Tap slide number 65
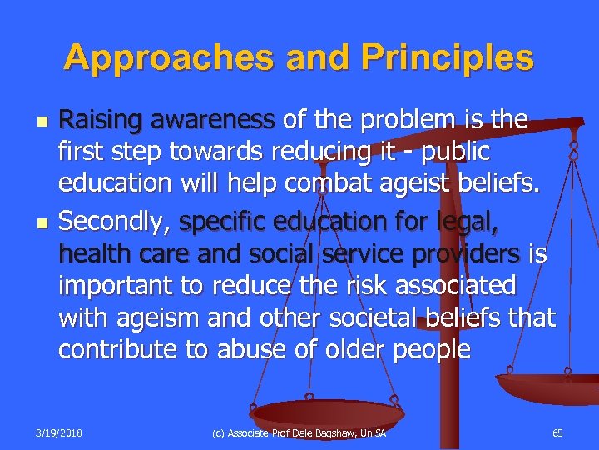coord(557,433)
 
